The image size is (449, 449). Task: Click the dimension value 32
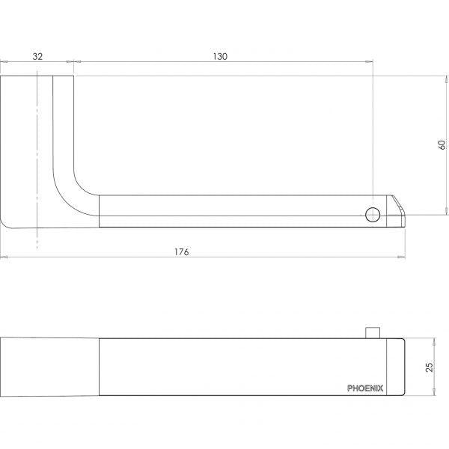point(37,56)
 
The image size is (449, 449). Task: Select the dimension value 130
point(220,56)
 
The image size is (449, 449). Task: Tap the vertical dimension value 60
point(441,144)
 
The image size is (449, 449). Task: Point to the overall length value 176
point(182,251)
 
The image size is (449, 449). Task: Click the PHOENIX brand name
point(365,388)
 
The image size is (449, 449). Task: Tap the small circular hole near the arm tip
point(372,216)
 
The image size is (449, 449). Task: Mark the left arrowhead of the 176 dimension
point(4,258)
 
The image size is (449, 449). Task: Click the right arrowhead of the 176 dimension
point(403,258)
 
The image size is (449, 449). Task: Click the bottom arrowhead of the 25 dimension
point(435,395)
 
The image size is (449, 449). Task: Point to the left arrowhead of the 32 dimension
point(4,64)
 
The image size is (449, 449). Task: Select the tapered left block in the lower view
point(49,367)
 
